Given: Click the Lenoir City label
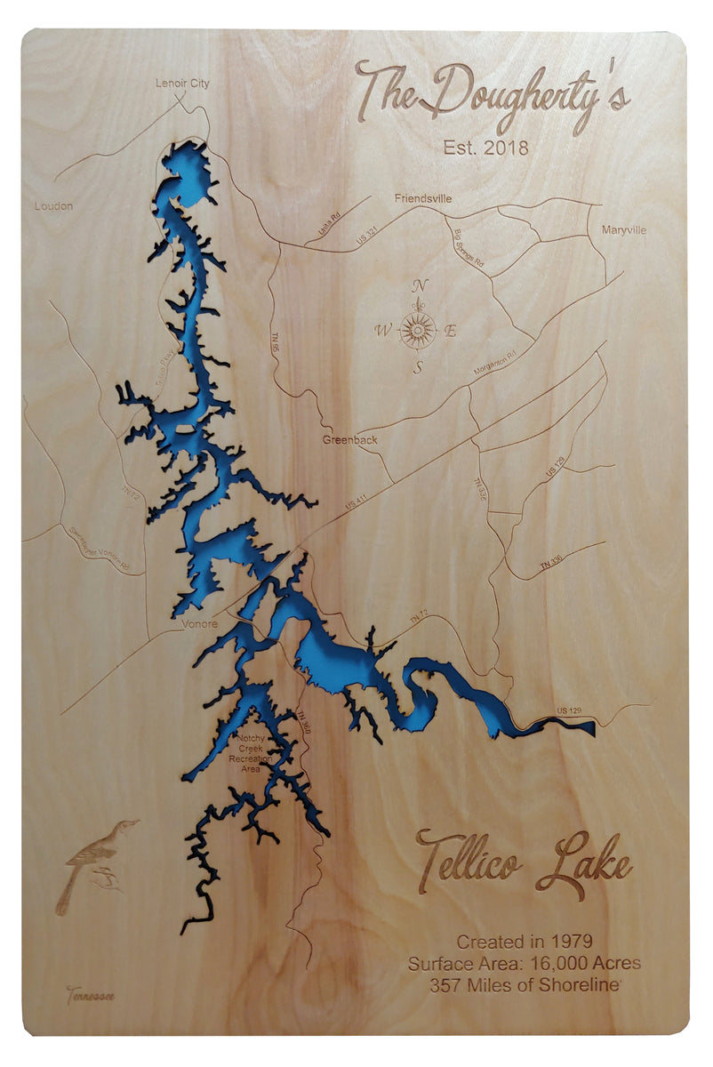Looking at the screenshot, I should point(182,84).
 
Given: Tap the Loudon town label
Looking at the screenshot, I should point(53,206).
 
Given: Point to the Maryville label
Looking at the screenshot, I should point(623,230).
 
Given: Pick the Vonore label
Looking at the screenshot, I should point(199,624).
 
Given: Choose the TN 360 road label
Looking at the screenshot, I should point(305,725).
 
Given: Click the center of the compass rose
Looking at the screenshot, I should point(417,331).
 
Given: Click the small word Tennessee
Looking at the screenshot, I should point(90,995).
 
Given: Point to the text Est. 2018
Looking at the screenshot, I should point(485,148).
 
